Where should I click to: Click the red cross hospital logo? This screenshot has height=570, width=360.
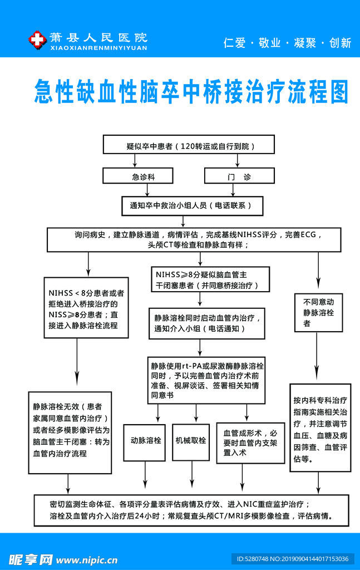(37, 40)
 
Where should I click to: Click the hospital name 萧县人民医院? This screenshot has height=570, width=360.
(98, 38)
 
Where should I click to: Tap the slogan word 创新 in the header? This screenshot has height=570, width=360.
(340, 43)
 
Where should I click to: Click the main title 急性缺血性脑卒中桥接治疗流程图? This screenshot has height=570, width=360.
(191, 91)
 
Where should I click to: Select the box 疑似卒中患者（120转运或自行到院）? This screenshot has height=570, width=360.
(189, 145)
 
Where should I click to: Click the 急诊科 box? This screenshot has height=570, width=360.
(142, 176)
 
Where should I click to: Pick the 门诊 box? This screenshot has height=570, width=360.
(239, 176)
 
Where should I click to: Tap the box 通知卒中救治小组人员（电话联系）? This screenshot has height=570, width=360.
(192, 205)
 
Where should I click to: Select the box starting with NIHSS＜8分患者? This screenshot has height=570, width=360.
(86, 308)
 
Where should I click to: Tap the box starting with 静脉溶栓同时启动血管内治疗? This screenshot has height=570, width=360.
(207, 323)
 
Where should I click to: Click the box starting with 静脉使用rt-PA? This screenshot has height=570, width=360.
(206, 380)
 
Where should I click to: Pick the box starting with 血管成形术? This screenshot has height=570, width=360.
(250, 443)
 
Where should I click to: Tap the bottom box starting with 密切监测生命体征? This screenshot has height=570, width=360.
(192, 510)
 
